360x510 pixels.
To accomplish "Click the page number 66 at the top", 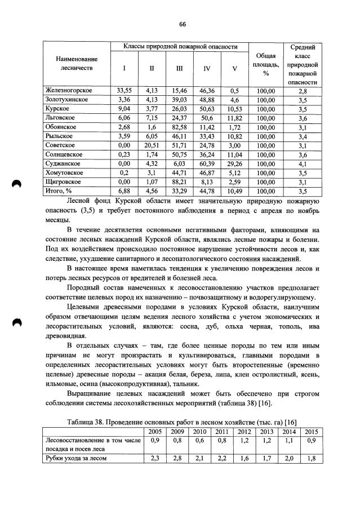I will pyautogui.click(x=182, y=24).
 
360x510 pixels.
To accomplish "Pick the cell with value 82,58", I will pyautogui.click(x=179, y=127).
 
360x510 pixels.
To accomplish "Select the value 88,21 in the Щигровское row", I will pyautogui.click(x=179, y=182).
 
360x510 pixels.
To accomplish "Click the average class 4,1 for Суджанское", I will pyautogui.click(x=303, y=163).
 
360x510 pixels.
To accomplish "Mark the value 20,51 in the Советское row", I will pyautogui.click(x=150, y=145).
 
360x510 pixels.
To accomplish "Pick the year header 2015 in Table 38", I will pyautogui.click(x=310, y=431).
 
